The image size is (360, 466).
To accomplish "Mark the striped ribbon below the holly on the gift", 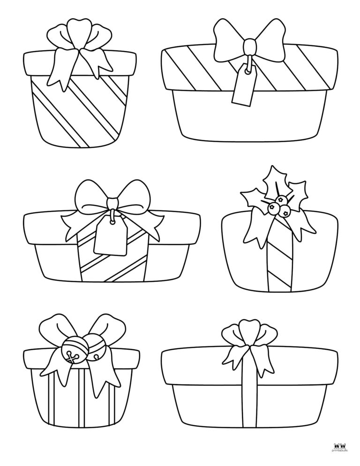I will coord(274,265).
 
